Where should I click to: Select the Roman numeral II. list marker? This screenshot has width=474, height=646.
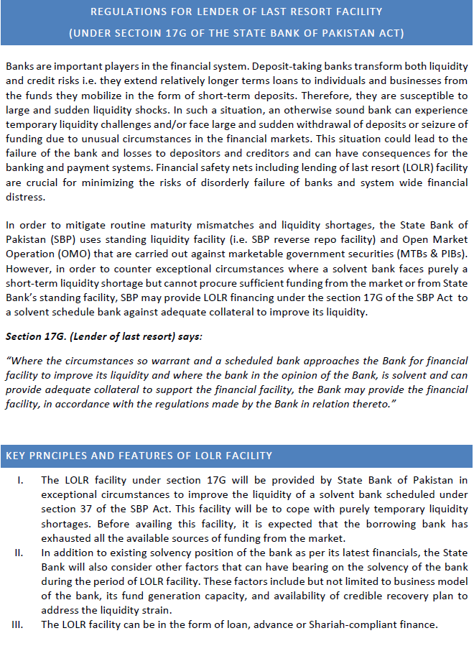(x=22, y=553)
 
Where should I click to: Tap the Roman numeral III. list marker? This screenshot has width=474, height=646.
(x=21, y=624)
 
